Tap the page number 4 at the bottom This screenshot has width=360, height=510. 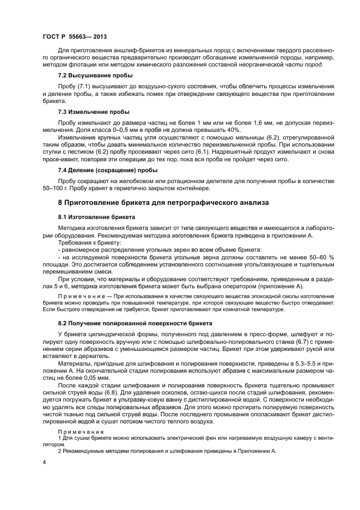tap(44, 462)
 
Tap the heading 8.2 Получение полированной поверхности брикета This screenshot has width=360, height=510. tap(131, 323)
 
